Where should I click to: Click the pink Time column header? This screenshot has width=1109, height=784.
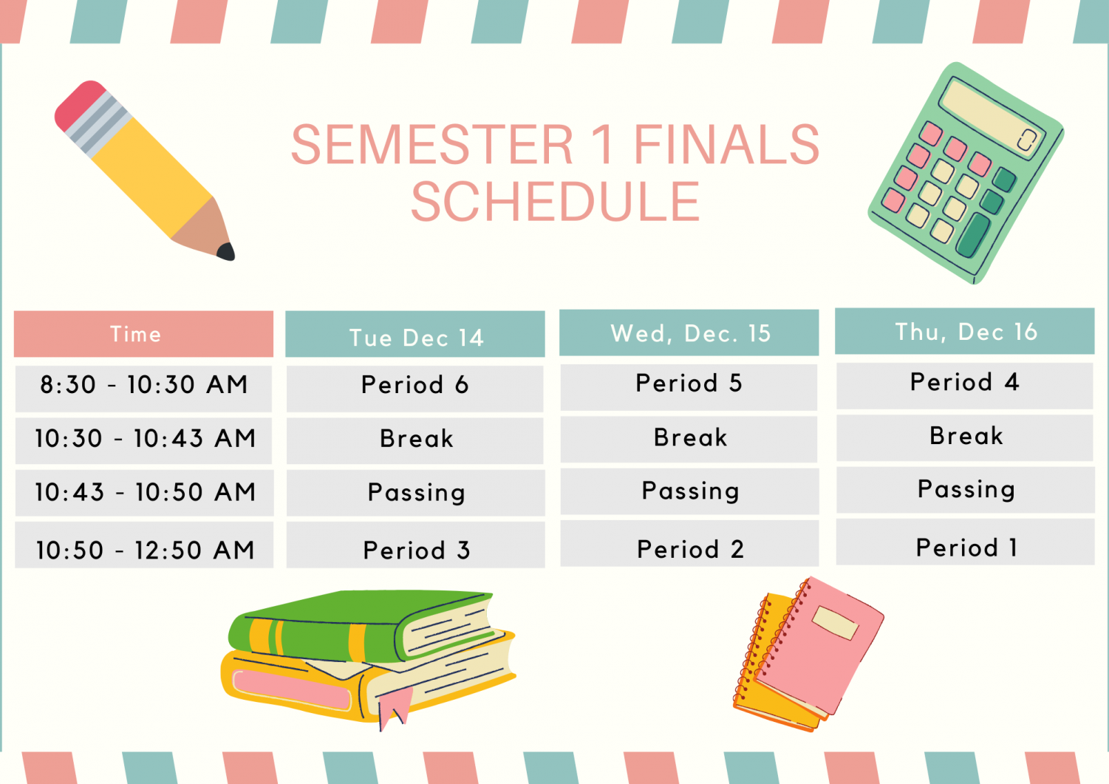143,334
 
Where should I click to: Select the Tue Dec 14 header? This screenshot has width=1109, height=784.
415,334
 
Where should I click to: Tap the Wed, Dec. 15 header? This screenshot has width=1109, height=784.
689,333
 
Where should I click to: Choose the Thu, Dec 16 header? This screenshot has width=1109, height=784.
964,331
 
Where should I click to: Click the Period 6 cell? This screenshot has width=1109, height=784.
415,389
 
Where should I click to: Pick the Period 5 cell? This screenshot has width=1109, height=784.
689,387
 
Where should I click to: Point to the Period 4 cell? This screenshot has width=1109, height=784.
965,386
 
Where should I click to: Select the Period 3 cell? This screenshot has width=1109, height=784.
415,545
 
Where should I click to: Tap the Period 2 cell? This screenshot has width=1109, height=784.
689,543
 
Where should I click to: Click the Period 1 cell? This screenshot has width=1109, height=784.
966,542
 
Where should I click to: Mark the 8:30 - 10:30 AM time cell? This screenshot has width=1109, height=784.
143,389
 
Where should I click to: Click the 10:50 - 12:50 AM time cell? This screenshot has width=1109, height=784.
144,545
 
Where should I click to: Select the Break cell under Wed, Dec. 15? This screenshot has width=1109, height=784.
689,440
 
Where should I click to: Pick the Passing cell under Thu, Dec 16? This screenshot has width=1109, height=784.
966,490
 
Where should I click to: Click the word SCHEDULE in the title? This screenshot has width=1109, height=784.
556,201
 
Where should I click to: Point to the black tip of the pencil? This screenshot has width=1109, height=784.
226,251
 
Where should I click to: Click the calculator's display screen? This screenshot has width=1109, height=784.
992,118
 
